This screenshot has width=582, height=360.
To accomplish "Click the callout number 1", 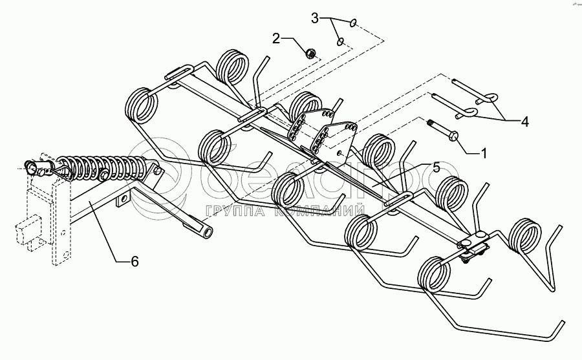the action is (483, 153).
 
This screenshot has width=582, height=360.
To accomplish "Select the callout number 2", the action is (276, 38).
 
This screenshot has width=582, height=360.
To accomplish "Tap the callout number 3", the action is (315, 18).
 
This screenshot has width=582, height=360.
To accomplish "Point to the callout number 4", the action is (524, 122).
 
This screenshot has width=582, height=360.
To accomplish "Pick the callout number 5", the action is (436, 167).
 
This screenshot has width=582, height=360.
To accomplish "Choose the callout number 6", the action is (135, 261).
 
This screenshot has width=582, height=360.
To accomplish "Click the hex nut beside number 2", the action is (310, 54).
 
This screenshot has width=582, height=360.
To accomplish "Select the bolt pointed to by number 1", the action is (444, 131).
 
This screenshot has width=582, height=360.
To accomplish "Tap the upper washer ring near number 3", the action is (352, 23).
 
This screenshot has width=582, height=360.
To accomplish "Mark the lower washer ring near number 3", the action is (340, 41).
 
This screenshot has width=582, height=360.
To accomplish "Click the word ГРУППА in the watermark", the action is (235, 211).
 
